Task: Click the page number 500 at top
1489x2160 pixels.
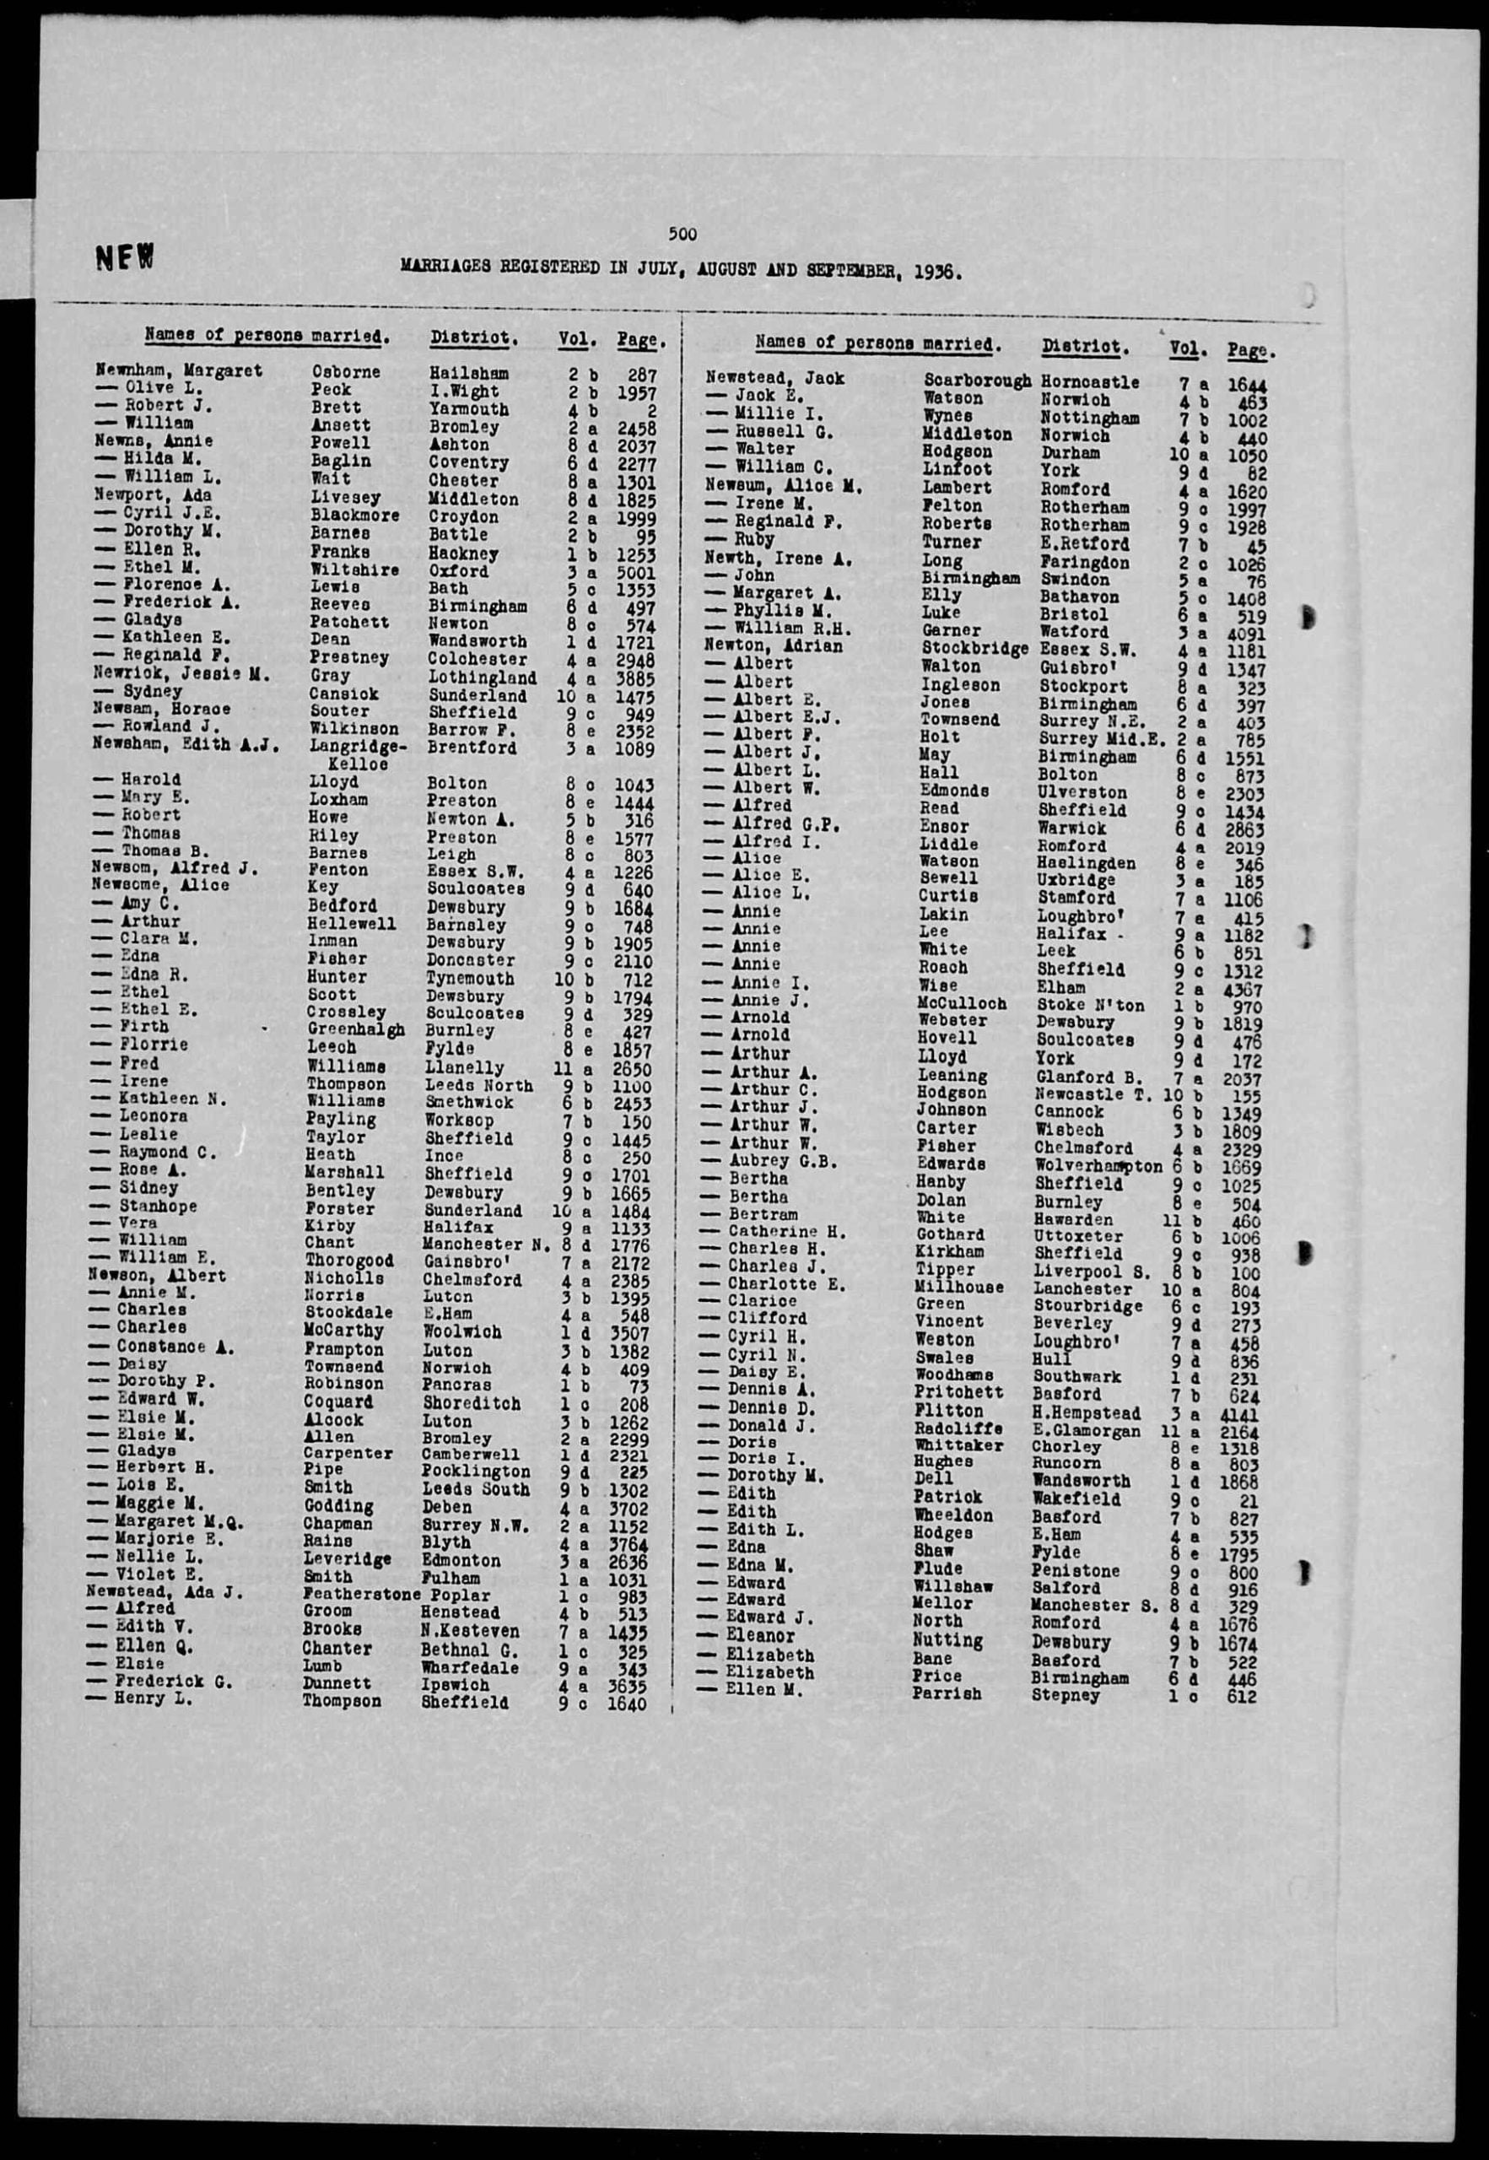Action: click(x=683, y=235)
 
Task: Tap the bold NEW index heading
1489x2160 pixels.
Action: click(x=123, y=258)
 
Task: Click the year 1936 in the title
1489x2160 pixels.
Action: click(x=934, y=272)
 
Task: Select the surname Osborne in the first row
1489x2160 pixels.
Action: click(x=345, y=371)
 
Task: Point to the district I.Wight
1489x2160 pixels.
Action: click(x=464, y=391)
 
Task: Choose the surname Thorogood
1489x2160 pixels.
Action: click(x=350, y=1261)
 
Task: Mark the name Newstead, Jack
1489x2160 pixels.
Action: click(x=774, y=378)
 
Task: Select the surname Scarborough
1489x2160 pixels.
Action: click(x=977, y=381)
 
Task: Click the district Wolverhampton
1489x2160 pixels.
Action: click(x=1099, y=1166)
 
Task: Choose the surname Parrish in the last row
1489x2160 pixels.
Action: click(x=946, y=1693)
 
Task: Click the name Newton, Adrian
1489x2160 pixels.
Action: click(x=774, y=645)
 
